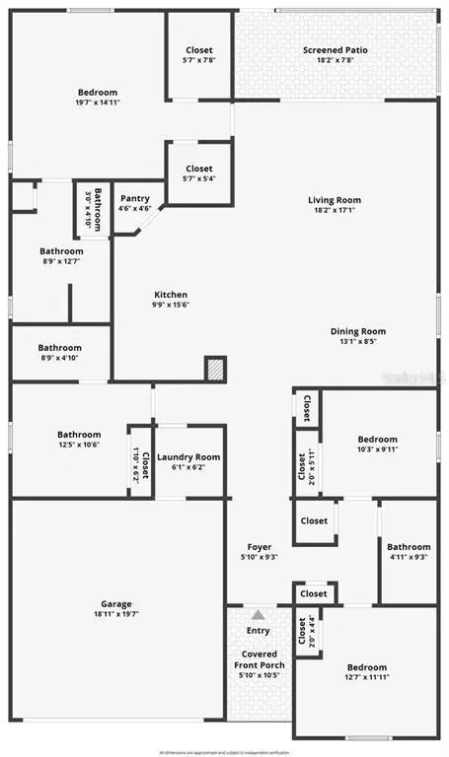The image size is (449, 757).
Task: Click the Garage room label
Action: coord(115,604)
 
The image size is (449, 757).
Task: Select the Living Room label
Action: coord(335,200)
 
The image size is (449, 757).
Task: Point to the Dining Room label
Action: coord(357,331)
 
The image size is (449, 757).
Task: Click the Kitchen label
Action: coord(170,295)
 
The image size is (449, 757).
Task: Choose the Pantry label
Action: coord(134,198)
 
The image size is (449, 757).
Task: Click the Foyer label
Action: coord(259,547)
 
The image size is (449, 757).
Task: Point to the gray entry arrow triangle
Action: coord(258,614)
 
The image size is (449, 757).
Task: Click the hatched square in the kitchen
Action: coord(215,368)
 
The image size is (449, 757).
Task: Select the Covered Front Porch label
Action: coord(259,659)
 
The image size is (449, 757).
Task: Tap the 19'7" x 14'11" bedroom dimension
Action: coord(97,103)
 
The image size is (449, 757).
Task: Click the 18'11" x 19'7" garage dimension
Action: coord(115,615)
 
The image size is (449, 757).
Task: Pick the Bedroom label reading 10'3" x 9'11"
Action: coord(377,440)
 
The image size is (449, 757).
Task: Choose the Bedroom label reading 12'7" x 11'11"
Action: coord(366,667)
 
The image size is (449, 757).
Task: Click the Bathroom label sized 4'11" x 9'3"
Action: coord(409,547)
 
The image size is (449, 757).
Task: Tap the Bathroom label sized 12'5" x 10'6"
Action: coord(79,435)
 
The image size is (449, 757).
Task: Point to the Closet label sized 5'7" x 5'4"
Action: coord(198,169)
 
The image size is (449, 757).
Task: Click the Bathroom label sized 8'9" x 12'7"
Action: coord(61,251)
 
